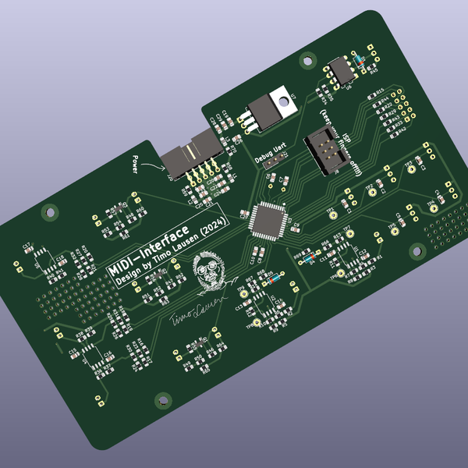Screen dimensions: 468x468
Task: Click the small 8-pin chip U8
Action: click(340, 70)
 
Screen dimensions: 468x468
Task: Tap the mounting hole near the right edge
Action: click(418, 250)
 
